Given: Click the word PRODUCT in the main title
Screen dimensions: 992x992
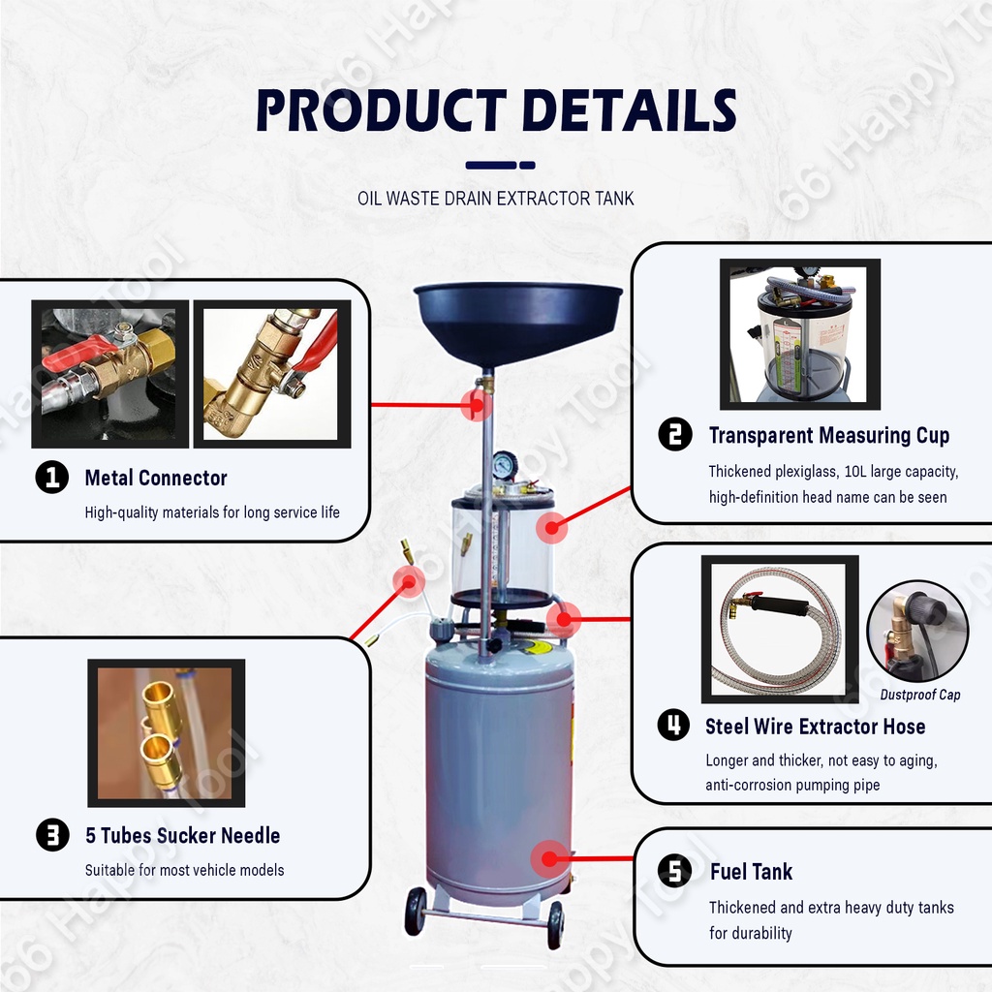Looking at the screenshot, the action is [381, 110].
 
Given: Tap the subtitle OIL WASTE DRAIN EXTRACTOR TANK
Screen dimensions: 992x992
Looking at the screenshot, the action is [495, 199].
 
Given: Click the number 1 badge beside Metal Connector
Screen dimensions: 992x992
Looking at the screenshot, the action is [52, 477].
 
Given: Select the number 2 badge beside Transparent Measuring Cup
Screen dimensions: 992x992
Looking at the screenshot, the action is [675, 435].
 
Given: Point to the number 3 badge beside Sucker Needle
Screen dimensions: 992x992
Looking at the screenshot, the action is [52, 835].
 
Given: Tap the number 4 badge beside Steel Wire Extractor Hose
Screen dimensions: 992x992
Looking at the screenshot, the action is [674, 725].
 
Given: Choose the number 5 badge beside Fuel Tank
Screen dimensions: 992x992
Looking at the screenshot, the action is [674, 871].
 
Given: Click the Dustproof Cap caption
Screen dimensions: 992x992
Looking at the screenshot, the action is [920, 695].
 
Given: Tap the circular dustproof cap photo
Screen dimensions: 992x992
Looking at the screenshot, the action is [917, 631].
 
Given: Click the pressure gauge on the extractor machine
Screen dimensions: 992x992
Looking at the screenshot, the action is [504, 465].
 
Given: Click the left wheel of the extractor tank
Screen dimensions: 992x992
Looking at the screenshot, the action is [415, 911].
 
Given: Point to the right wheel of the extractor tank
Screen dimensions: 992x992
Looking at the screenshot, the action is [555, 925].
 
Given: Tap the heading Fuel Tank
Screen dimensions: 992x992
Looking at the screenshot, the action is [751, 872].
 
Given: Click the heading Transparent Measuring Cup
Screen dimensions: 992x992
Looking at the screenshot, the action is [829, 435].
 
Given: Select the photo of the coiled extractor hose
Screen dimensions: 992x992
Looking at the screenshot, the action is [780, 630].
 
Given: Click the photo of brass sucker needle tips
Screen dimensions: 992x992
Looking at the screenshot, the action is [167, 732].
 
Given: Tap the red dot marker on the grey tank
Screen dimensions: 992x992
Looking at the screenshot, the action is [550, 858].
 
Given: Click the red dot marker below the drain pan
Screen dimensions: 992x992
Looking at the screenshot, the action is [477, 405].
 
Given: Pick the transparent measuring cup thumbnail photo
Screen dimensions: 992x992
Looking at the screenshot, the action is [799, 334].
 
